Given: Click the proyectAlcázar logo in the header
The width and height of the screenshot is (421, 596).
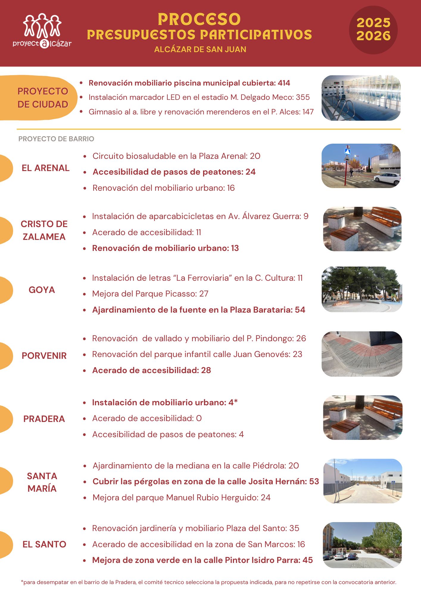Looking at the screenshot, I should click(x=42, y=31).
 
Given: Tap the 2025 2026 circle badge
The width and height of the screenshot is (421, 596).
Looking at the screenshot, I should click(x=373, y=30).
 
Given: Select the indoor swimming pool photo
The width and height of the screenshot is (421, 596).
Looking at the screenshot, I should click(x=361, y=98).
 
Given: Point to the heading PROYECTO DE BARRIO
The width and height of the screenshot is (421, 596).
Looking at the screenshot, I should click(x=56, y=139).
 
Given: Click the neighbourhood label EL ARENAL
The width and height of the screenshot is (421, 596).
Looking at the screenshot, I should click(x=46, y=168).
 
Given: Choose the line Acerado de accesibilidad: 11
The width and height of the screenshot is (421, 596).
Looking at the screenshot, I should click(x=146, y=232).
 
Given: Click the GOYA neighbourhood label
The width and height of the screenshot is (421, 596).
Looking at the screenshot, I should click(x=42, y=290).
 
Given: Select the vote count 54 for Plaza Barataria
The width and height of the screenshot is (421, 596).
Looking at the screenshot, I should click(x=300, y=310).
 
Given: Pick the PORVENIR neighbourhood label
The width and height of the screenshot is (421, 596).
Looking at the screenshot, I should click(x=44, y=356).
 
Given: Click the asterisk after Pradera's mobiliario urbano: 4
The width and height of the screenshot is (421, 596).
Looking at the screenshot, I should click(x=236, y=402).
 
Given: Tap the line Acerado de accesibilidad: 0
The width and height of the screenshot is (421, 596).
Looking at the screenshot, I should click(x=147, y=418).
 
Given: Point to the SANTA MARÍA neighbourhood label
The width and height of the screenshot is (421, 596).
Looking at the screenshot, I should click(x=42, y=482).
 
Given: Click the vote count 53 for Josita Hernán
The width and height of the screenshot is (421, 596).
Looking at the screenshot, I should click(x=314, y=482).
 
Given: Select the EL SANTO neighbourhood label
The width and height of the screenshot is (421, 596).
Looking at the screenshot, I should click(x=44, y=544).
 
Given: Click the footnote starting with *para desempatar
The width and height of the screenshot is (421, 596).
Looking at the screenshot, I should click(x=208, y=582).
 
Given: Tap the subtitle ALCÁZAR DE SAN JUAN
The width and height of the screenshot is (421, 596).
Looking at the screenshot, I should click(x=200, y=49).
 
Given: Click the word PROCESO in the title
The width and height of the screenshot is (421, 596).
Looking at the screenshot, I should click(x=199, y=19).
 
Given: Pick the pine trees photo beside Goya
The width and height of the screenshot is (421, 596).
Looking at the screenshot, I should click(x=362, y=289).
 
